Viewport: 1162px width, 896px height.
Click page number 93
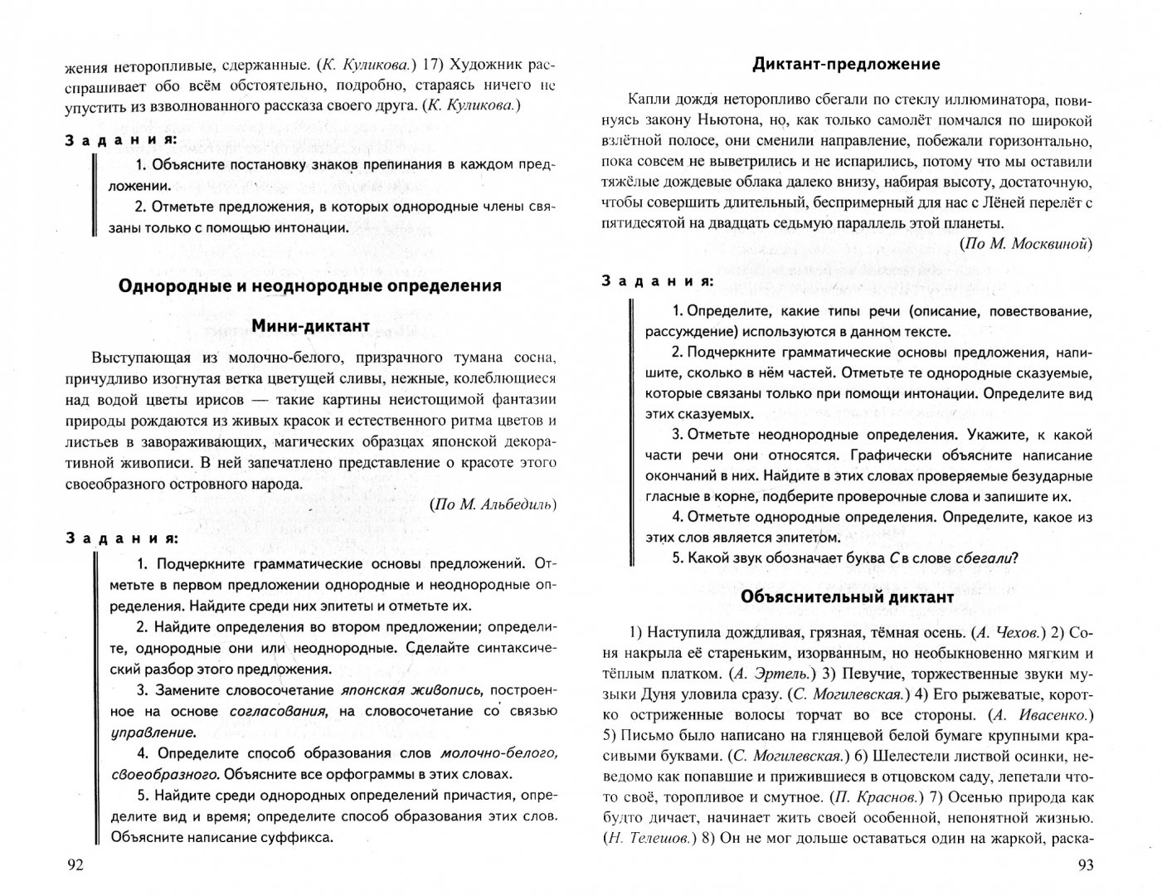(1086, 865)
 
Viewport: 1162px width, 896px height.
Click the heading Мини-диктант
(310, 326)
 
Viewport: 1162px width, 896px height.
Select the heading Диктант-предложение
(846, 64)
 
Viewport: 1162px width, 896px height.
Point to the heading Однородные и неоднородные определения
(310, 285)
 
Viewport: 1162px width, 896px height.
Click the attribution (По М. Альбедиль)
(494, 505)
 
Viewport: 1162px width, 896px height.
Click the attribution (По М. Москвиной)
(1026, 243)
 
